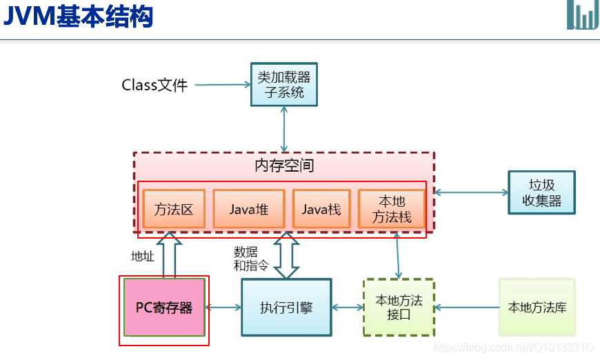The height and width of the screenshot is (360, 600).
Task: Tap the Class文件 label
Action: coord(154,86)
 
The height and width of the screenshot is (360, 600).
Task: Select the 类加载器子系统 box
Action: coord(284,85)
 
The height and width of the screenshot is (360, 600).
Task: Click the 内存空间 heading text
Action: coord(284,166)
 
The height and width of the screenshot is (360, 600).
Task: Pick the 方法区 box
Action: coord(174,209)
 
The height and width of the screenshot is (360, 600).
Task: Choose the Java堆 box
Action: coord(249,209)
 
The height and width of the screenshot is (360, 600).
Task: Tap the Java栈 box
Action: coord(321,209)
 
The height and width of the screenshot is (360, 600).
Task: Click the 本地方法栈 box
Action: coord(392,209)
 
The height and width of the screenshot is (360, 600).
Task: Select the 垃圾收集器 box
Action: coord(541,192)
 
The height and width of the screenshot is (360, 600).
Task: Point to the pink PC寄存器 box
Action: coord(164,308)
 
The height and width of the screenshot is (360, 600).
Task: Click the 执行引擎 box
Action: coord(286,308)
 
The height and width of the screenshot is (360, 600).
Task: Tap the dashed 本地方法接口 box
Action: coord(399,308)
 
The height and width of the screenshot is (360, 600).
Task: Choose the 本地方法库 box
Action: coord(537,308)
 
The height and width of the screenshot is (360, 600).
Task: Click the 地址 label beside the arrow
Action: coord(143,257)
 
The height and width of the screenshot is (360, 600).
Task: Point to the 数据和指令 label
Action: coord(251,259)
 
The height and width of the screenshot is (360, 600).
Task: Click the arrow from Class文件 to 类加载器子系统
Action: coord(222,86)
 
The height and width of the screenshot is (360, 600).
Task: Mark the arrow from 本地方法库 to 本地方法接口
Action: coord(466,308)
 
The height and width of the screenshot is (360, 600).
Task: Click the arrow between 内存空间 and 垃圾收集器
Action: coord(471,192)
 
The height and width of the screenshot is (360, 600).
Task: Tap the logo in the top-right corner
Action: coord(583,14)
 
